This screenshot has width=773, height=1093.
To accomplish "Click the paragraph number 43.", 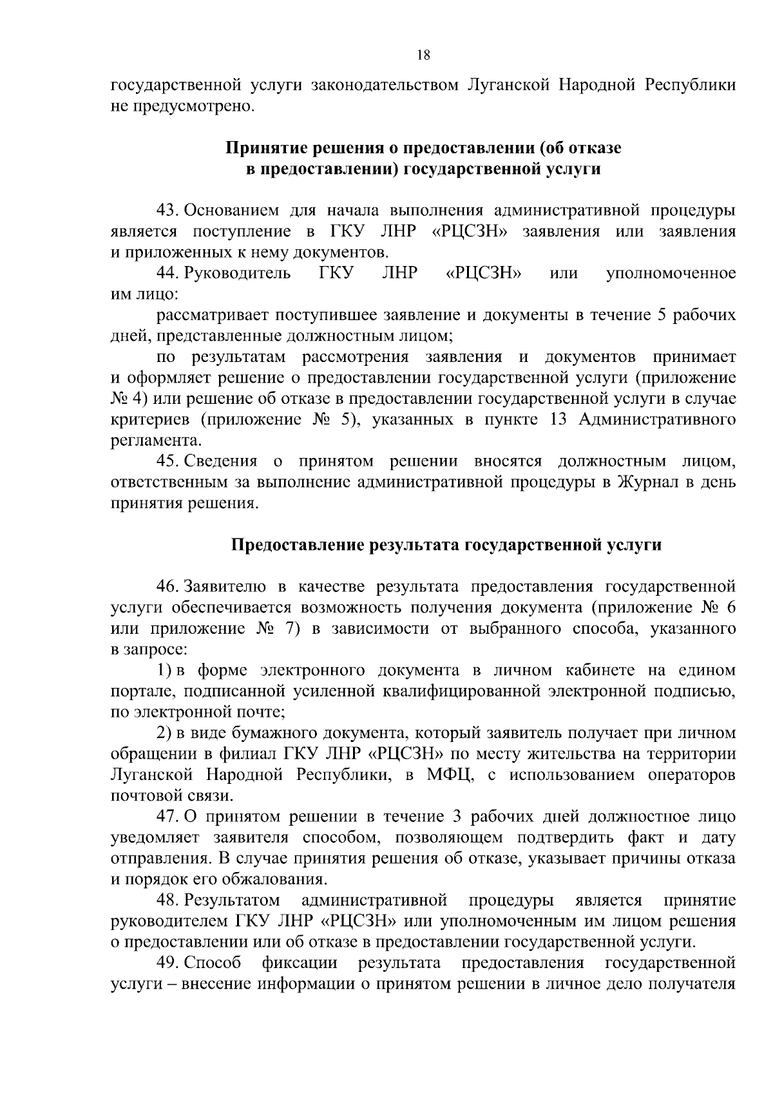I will [x=167, y=211].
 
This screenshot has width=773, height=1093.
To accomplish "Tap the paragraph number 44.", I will [x=167, y=273].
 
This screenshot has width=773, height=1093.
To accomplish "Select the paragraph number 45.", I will [x=167, y=461].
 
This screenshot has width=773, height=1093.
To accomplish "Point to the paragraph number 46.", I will [x=167, y=587].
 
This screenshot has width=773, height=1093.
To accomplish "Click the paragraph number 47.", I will [x=167, y=817].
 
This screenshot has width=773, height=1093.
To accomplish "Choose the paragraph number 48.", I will [x=167, y=900].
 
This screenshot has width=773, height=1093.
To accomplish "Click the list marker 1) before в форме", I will [x=164, y=670].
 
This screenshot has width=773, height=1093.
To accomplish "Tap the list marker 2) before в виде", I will [x=164, y=733].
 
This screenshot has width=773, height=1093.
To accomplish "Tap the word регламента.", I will [x=155, y=441].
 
